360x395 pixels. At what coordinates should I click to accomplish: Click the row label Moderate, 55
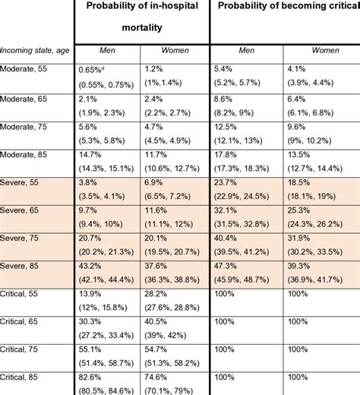(23, 68)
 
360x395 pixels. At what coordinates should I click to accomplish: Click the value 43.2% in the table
(91, 266)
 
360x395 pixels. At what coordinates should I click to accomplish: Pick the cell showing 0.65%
(93, 68)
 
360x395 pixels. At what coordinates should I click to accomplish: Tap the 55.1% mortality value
(91, 350)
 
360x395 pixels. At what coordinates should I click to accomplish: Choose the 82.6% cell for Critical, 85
(91, 378)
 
